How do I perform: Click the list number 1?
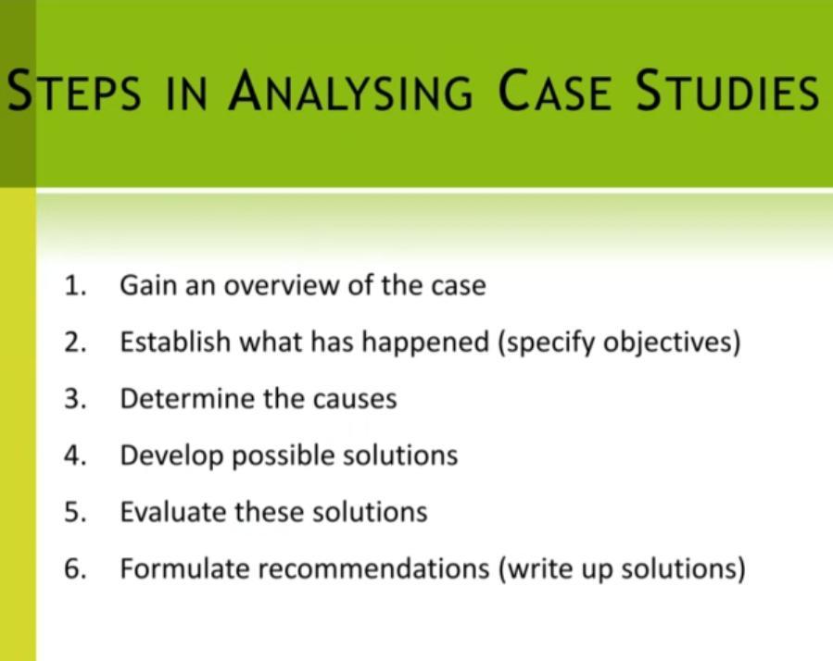coord(75,286)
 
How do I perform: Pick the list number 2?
coord(75,343)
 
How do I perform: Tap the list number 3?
coord(75,399)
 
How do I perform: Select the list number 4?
coord(75,455)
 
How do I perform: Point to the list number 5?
coord(75,512)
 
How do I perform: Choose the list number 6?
coord(75,568)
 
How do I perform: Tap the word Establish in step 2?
coord(175,343)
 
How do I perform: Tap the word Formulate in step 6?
coord(184,568)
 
